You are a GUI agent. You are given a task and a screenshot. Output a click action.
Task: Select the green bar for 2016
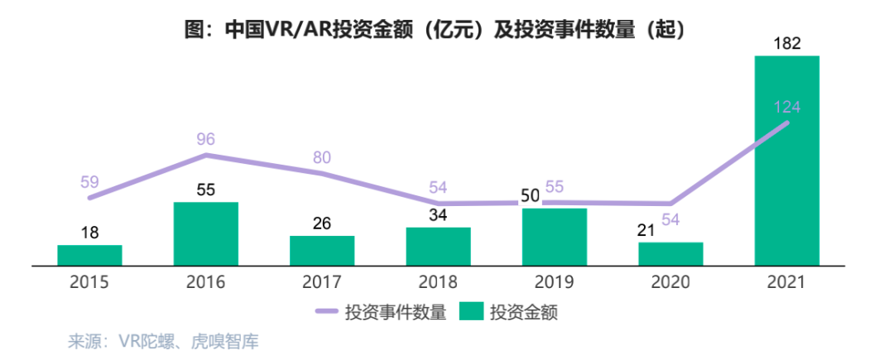point(205,234)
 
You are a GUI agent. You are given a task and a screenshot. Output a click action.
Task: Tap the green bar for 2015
point(89,256)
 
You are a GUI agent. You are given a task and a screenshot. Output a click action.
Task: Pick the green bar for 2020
point(670,254)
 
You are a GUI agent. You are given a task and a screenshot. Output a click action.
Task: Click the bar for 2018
point(438,247)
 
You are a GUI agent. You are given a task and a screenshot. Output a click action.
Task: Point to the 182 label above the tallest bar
point(786,44)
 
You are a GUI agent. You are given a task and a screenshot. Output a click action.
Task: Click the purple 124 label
point(786,107)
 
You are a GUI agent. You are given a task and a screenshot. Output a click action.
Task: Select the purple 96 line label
point(206,139)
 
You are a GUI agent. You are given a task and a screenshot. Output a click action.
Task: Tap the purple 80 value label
point(323,157)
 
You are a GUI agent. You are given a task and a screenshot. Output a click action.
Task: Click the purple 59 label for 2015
point(90,180)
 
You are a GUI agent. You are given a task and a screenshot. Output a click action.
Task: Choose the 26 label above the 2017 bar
point(322,223)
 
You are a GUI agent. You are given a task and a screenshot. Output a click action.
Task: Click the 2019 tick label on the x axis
point(554,283)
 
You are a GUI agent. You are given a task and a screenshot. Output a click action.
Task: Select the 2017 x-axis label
point(322,283)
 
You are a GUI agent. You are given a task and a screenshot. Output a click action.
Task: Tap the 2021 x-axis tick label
point(786,283)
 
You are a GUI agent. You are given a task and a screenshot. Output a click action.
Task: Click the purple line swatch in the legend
point(335,312)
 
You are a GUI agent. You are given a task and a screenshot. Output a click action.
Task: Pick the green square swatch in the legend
point(472,312)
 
